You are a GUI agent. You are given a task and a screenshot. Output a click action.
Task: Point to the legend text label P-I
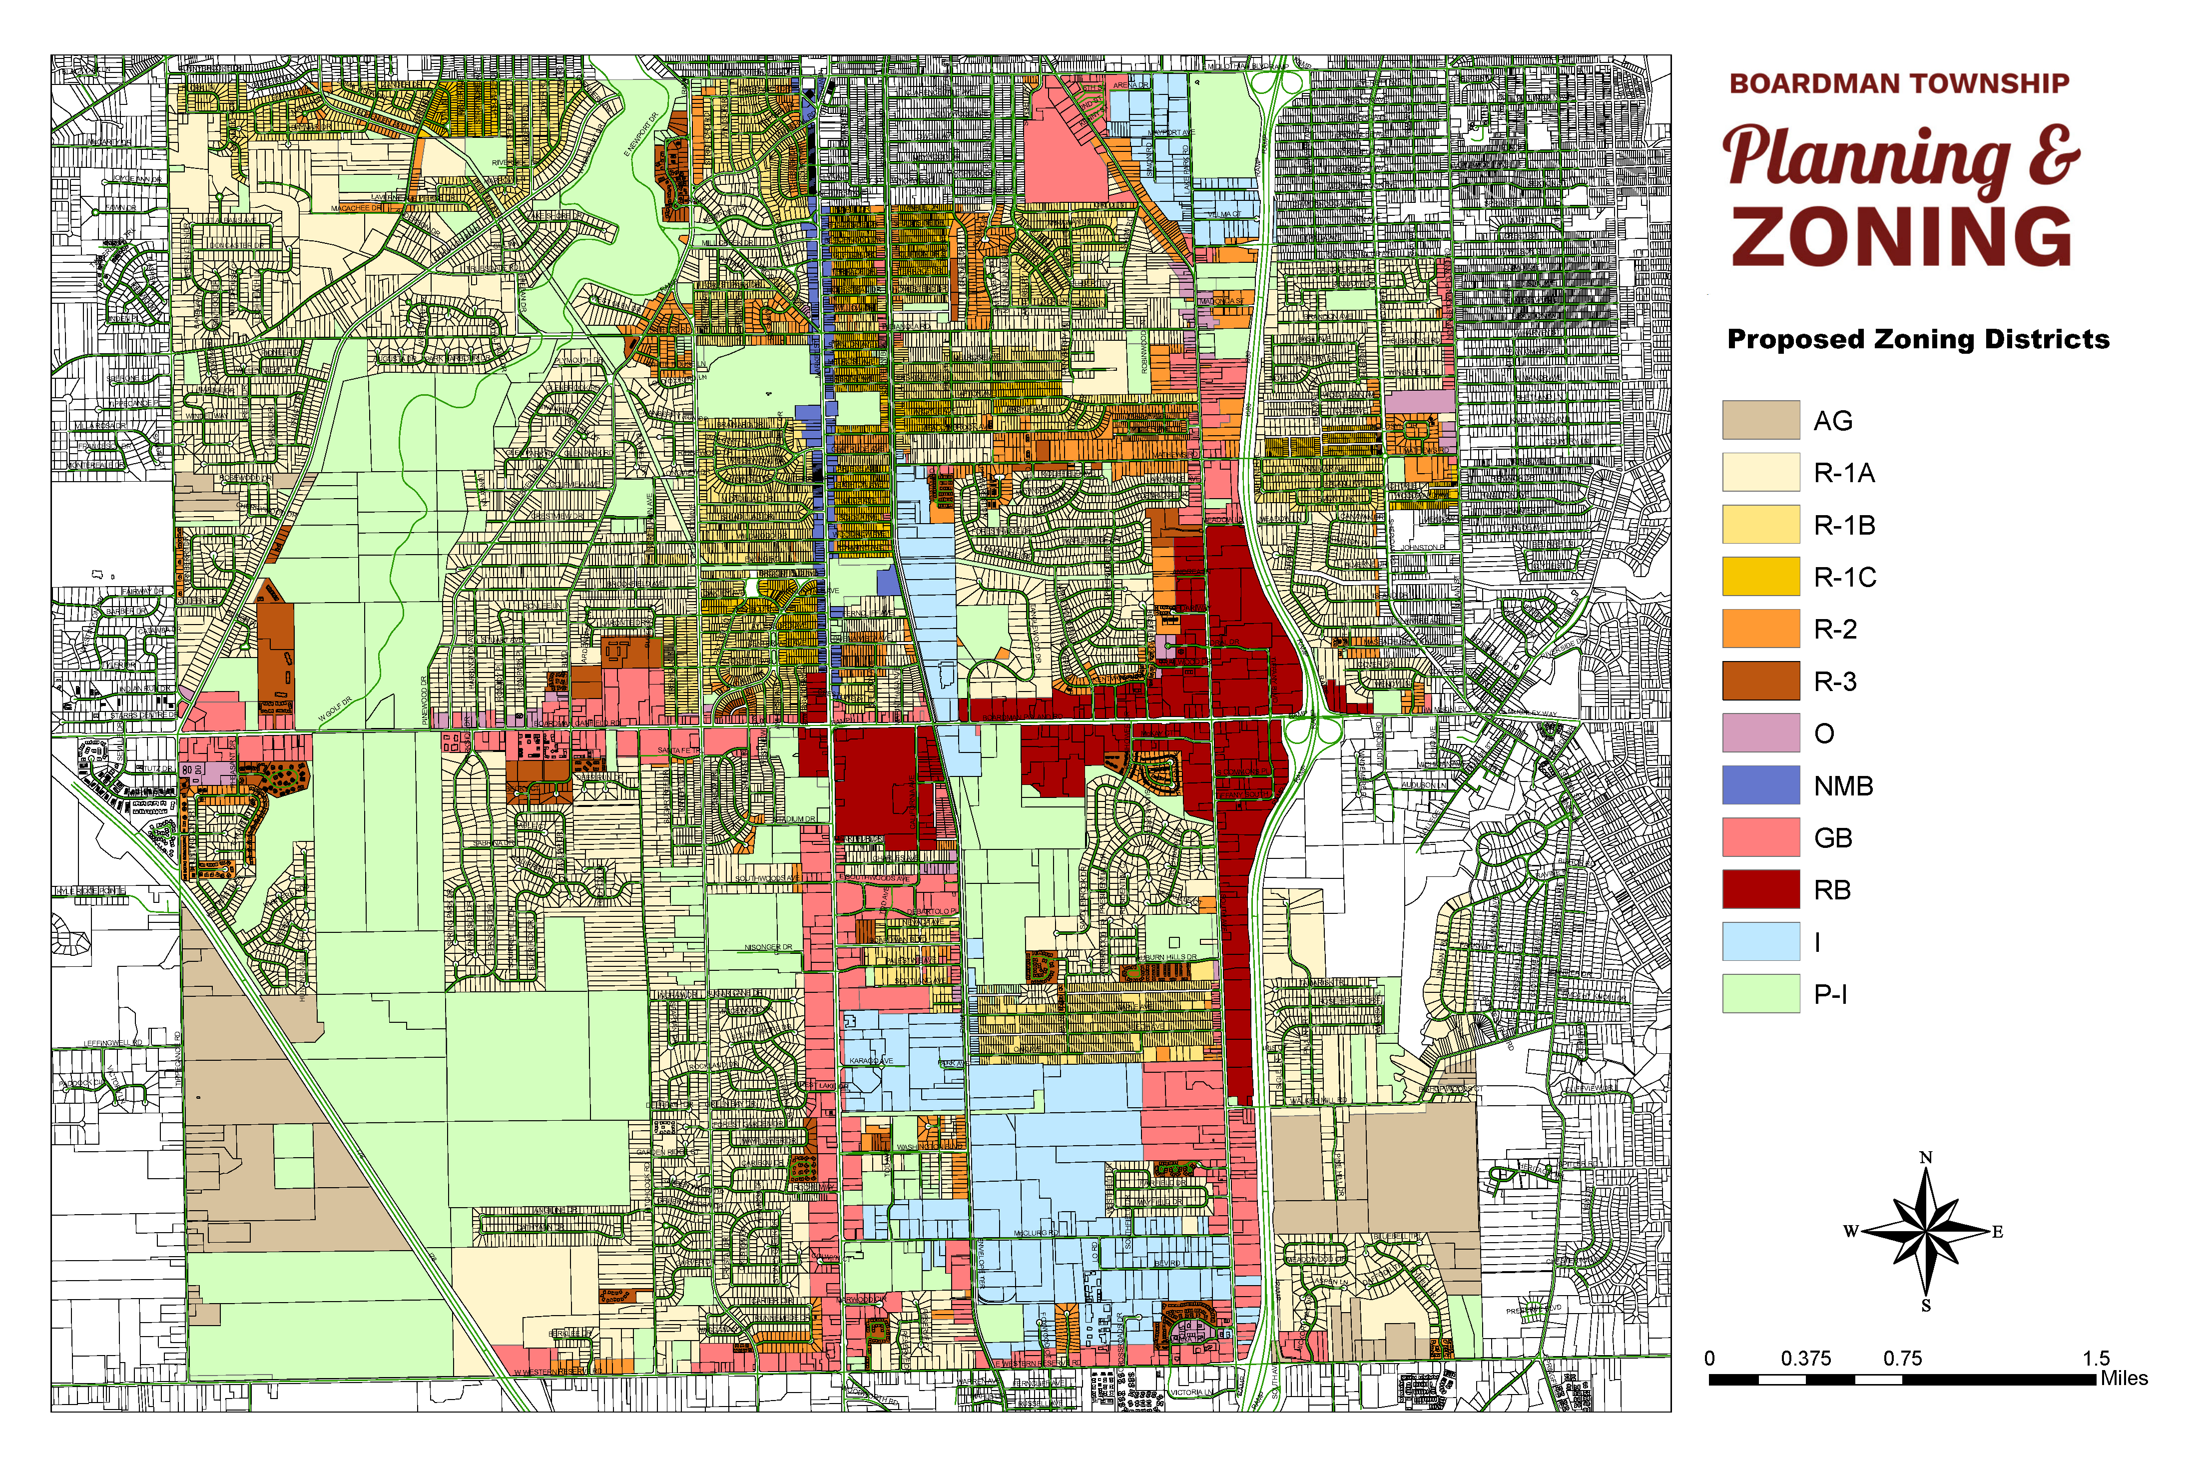(x=1830, y=995)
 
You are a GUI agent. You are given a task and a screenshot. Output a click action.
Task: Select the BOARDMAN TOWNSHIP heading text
(x=1899, y=84)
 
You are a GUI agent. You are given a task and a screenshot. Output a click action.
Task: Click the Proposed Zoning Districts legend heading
(x=1918, y=339)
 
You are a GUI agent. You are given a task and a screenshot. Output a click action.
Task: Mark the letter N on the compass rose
(x=1925, y=1158)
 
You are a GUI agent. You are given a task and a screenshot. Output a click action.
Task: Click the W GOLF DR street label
(x=335, y=708)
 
